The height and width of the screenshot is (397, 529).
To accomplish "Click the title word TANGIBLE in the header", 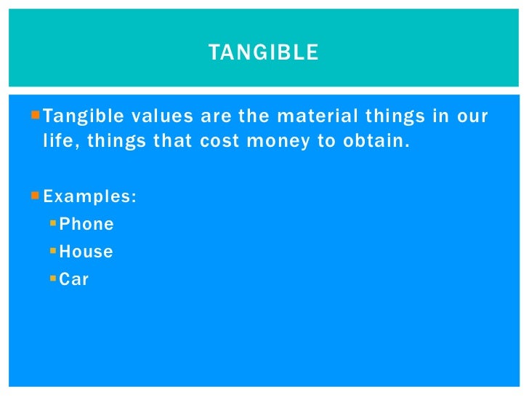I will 263,53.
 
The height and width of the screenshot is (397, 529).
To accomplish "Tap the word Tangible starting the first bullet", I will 75,116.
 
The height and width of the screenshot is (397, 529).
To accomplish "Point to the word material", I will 280,116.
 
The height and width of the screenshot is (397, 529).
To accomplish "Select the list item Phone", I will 86,225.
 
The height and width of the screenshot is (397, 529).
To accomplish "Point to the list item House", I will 86,252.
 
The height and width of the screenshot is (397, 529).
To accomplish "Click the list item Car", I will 74,279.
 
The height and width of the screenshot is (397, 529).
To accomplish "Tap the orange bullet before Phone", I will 53,223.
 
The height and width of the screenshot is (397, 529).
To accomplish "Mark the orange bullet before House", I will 53,251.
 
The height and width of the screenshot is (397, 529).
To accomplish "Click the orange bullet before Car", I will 53,278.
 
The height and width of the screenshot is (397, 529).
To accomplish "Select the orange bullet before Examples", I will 37,196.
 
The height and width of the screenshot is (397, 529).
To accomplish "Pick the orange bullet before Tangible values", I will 37,115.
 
